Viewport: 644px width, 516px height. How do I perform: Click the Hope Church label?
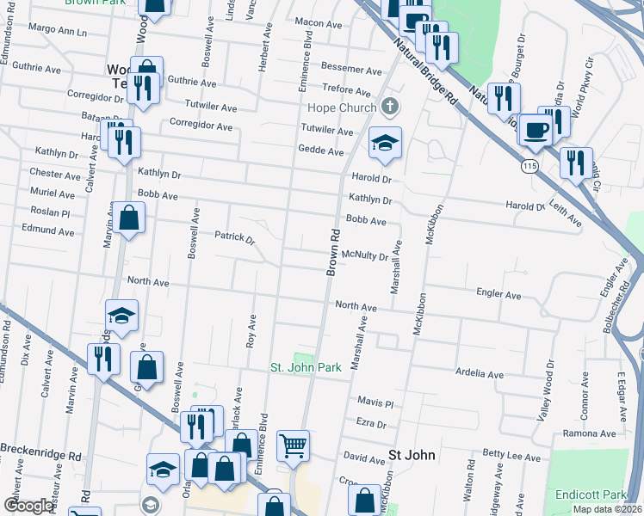[x=342, y=108]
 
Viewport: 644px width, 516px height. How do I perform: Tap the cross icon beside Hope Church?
[x=390, y=107]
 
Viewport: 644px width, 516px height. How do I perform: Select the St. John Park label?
[x=306, y=367]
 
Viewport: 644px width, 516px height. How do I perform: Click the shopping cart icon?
[x=293, y=446]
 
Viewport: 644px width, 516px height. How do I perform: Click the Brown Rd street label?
[x=331, y=252]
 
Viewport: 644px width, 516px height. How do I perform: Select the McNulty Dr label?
[x=366, y=255]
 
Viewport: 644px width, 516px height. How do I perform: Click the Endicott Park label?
[x=591, y=494]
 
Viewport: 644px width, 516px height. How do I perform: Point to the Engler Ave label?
[x=498, y=295]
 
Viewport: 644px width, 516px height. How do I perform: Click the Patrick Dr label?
[x=235, y=236]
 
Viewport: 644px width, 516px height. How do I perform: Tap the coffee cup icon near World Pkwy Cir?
[x=536, y=130]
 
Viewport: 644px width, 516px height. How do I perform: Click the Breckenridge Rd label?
[x=40, y=449]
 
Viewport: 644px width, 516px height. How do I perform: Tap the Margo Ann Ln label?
[x=58, y=32]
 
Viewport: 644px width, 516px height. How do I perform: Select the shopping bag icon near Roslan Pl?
[x=128, y=219]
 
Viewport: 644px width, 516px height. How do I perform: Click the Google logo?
[x=29, y=506]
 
